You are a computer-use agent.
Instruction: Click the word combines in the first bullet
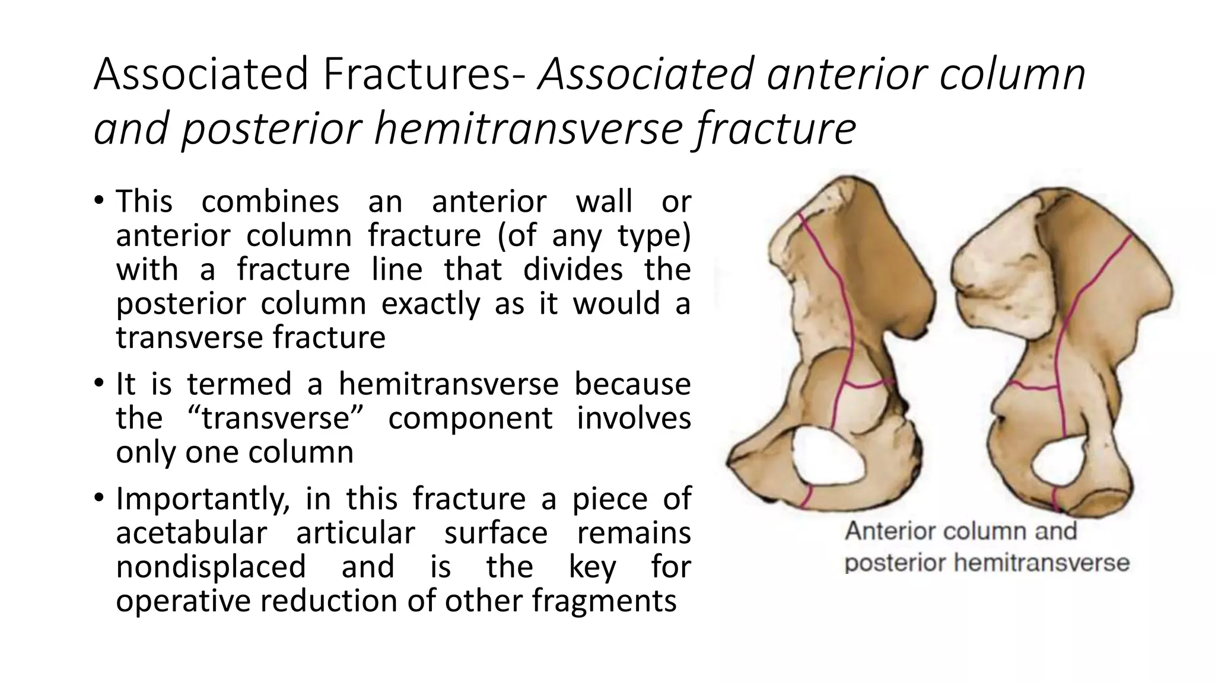click(270, 201)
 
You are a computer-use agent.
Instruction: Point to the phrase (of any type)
click(594, 235)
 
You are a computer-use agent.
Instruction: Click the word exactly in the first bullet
click(431, 304)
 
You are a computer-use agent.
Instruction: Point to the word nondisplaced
click(211, 566)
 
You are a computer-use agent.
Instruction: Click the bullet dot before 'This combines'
click(99, 200)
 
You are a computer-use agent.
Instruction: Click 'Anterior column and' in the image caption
click(960, 531)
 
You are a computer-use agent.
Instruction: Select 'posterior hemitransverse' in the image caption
click(987, 563)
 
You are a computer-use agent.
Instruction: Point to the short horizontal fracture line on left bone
click(864, 385)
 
